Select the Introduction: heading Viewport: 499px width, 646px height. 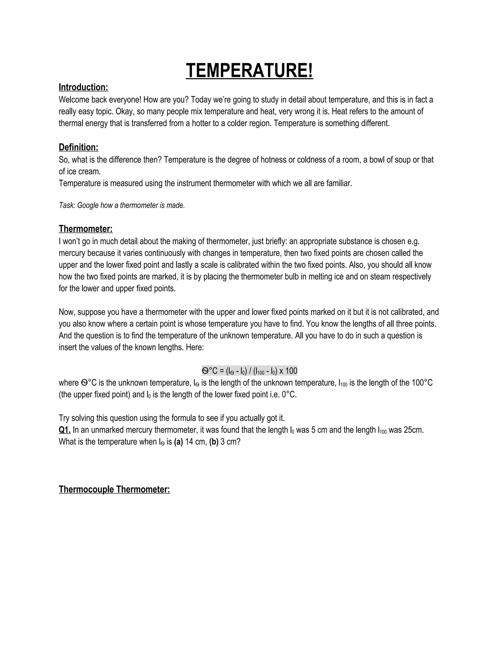(x=83, y=87)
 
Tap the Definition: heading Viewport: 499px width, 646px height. (x=78, y=147)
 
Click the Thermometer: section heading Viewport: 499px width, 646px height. (x=86, y=229)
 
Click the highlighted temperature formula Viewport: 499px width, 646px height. (x=249, y=371)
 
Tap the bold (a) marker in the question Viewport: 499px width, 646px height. (x=178, y=442)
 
